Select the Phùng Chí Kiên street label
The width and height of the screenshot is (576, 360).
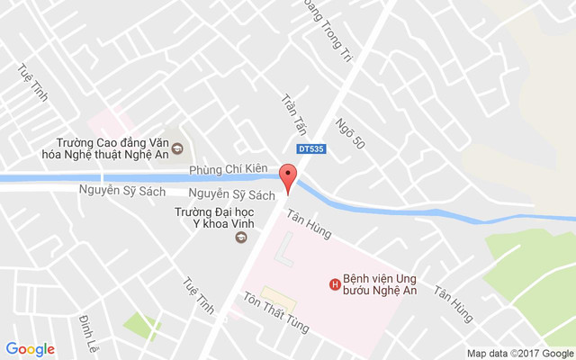click(229, 170)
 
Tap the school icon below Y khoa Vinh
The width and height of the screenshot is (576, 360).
click(240, 238)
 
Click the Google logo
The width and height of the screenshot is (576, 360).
click(31, 349)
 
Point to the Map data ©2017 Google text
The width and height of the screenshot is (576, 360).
click(519, 353)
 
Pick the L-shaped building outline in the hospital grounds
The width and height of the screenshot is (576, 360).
click(288, 251)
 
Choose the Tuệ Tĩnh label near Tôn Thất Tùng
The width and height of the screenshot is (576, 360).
click(199, 294)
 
